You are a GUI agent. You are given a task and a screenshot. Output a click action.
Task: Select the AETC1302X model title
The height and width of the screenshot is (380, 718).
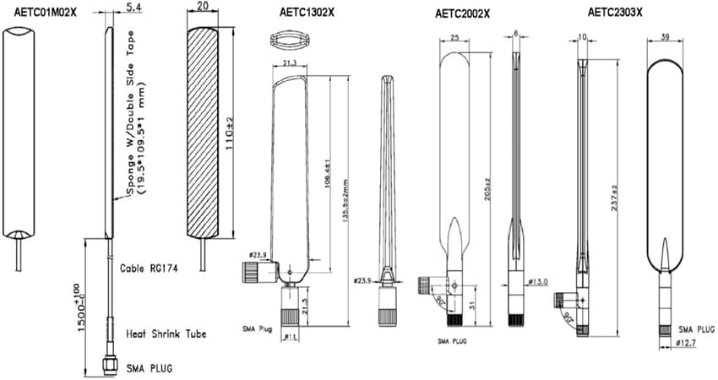coord(307,12)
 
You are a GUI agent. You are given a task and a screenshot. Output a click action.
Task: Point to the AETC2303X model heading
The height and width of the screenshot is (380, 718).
coord(614,12)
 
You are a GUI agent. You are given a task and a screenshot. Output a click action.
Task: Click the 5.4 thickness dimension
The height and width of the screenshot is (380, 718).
coord(133,8)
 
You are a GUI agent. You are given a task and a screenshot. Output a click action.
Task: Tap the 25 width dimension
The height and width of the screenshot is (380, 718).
coord(454,38)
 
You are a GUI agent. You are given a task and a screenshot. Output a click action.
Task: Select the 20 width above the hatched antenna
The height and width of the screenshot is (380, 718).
coord(203,7)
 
